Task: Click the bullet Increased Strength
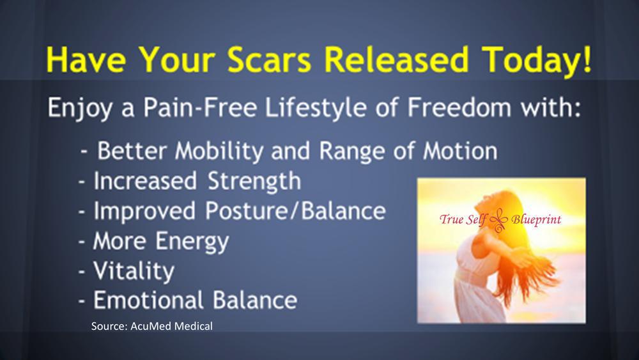tap(190, 181)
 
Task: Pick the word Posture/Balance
tap(286, 211)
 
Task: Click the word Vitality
tap(134, 270)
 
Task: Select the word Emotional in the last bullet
tap(148, 300)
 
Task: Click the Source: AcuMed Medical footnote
tap(151, 327)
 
